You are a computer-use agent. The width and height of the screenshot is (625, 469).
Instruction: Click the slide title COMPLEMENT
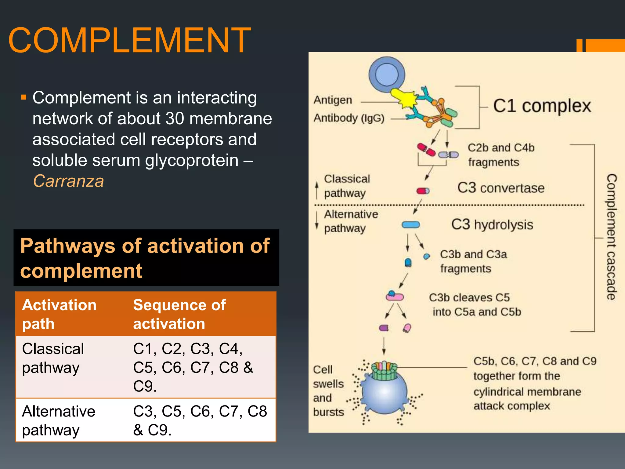(130, 41)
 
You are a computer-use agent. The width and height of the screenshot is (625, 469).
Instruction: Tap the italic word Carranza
(68, 181)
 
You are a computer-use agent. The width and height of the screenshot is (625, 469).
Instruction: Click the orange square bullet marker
(24, 98)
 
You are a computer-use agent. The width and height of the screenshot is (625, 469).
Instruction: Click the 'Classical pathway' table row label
(53, 358)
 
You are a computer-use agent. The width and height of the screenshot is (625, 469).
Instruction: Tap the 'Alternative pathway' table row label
(59, 420)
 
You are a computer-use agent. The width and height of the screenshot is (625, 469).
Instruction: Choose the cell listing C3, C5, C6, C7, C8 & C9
(200, 420)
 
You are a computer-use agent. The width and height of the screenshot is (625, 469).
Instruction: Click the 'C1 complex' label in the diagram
(542, 106)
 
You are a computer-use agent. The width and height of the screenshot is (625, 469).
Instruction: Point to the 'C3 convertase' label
(501, 188)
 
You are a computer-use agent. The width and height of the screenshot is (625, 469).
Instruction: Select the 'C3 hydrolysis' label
(492, 224)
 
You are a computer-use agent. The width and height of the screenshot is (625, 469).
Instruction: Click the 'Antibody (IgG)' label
(349, 118)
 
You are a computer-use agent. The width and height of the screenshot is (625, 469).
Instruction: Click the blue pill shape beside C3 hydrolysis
(411, 225)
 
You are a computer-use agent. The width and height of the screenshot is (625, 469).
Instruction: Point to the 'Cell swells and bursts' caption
(328, 391)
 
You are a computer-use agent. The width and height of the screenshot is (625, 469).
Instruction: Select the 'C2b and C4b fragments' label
(500, 155)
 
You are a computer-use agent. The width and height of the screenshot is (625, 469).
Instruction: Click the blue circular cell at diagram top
(387, 75)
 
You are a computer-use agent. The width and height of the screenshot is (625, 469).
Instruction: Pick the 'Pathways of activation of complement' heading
(145, 258)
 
